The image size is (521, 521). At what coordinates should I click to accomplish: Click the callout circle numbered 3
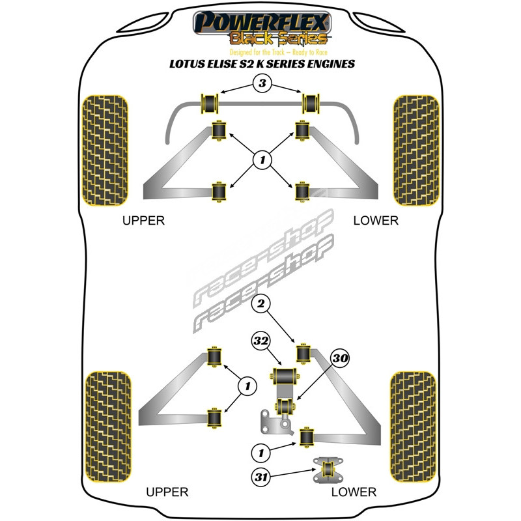tap(262, 83)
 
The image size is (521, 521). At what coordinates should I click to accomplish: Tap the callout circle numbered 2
tap(261, 303)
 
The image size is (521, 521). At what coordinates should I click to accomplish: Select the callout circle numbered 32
tap(261, 341)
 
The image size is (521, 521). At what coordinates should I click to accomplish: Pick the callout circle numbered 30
tap(339, 358)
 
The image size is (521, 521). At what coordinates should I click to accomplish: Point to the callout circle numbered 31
tap(261, 477)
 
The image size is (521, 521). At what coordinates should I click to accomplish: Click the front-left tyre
tap(105, 150)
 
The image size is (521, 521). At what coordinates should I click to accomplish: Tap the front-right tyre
tap(416, 150)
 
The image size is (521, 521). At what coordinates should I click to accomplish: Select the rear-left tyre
tap(108, 427)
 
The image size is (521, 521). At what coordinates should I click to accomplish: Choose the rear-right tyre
tap(413, 427)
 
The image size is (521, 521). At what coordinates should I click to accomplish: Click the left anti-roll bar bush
tap(210, 104)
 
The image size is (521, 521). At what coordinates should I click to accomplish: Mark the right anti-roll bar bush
tap(311, 104)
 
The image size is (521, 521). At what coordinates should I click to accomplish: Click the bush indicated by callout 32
tap(285, 376)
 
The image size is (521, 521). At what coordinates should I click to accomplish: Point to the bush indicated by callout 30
tap(285, 406)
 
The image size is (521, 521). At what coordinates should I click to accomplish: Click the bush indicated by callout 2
tap(303, 354)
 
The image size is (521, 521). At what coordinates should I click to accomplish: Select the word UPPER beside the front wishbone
tap(143, 221)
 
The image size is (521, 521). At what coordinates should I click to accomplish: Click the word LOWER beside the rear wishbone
tap(354, 492)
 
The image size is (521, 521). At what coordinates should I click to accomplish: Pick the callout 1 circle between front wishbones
tap(262, 160)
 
